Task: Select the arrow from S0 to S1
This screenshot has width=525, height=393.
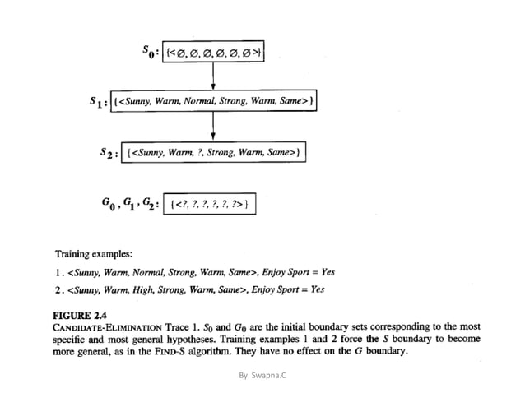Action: coord(213,76)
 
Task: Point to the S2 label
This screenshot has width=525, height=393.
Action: coord(109,152)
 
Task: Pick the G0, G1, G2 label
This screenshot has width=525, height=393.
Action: coord(132,203)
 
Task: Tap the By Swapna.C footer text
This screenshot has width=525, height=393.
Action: coord(262,375)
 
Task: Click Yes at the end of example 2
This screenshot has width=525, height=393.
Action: coord(317,289)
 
